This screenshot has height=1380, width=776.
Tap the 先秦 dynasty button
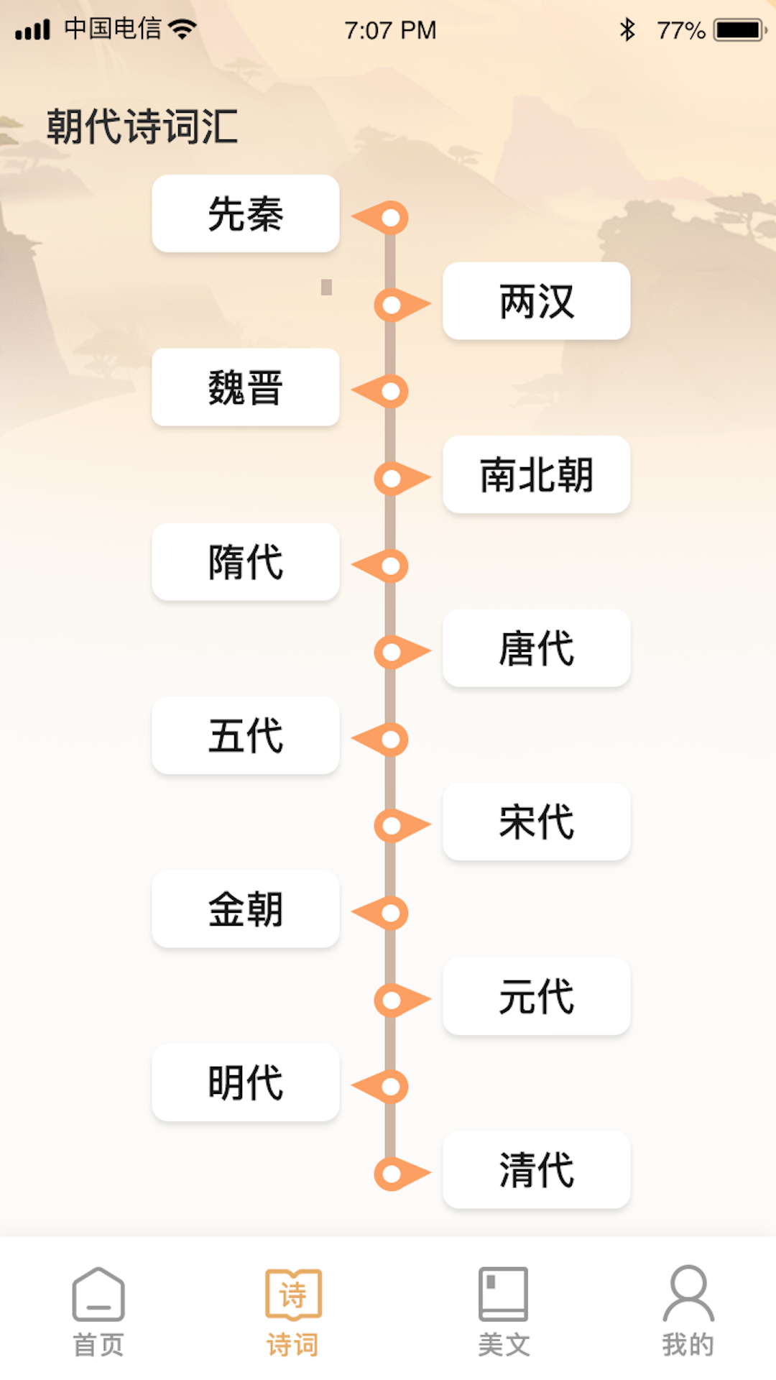pyautogui.click(x=246, y=213)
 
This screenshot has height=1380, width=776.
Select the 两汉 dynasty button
pyautogui.click(x=537, y=301)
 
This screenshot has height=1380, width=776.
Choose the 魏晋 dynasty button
pyautogui.click(x=246, y=387)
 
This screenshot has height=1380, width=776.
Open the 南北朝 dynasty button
pyautogui.click(x=537, y=475)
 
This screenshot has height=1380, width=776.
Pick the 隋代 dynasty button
pyautogui.click(x=246, y=561)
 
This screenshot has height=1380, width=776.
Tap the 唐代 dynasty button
pyautogui.click(x=537, y=648)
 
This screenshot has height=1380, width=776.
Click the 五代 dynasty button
pyautogui.click(x=246, y=735)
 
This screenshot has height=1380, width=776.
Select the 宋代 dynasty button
pyautogui.click(x=537, y=822)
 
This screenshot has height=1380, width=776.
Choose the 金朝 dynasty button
pyautogui.click(x=246, y=909)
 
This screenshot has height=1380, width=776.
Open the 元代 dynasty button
pyautogui.click(x=537, y=996)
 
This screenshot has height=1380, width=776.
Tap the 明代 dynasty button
pyautogui.click(x=246, y=1082)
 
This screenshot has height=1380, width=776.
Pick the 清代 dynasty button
pyautogui.click(x=537, y=1170)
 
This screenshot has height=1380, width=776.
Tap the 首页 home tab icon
pyautogui.click(x=98, y=1294)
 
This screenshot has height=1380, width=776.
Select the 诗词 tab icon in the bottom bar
pyautogui.click(x=293, y=1294)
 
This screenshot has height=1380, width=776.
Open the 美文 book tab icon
pyautogui.click(x=504, y=1294)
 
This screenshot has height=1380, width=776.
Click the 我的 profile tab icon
pyautogui.click(x=688, y=1294)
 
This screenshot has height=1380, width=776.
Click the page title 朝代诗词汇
pyautogui.click(x=142, y=126)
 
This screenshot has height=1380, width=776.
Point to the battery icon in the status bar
pyautogui.click(x=739, y=30)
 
